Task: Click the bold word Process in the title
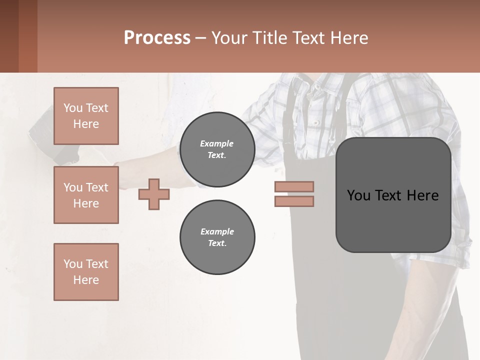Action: (x=157, y=38)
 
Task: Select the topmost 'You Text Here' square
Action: (x=86, y=116)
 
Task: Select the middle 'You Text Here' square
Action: (x=86, y=195)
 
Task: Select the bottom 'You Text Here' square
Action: (x=86, y=272)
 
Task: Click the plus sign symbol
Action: (x=154, y=194)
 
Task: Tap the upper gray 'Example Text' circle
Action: (x=217, y=149)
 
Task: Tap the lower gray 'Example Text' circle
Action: (x=217, y=237)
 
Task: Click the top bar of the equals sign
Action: (x=294, y=186)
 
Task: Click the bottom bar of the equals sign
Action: (x=294, y=201)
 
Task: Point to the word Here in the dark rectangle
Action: (x=422, y=195)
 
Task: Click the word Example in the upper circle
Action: (x=217, y=143)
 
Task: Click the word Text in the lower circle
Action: (x=217, y=243)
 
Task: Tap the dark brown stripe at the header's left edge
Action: (x=9, y=36)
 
